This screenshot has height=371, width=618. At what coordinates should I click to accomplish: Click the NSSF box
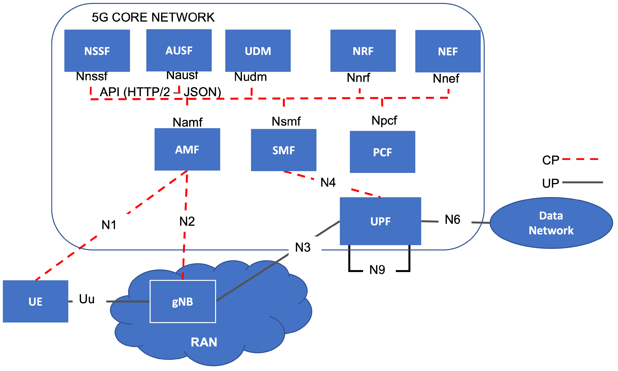(97, 51)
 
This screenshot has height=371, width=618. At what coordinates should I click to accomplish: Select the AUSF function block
(179, 50)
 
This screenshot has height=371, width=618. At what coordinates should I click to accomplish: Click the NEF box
(448, 51)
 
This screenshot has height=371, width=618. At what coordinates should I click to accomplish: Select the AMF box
(187, 149)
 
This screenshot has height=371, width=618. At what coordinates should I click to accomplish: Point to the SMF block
(284, 150)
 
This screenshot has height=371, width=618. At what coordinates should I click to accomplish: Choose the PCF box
(382, 152)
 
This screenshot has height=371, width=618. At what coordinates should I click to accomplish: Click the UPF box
(380, 221)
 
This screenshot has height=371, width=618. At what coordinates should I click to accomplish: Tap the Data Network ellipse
(551, 223)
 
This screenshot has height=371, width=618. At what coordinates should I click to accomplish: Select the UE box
(35, 301)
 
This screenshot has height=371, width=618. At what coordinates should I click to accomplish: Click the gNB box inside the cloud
(183, 301)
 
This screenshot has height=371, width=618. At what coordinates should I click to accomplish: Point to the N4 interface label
(328, 183)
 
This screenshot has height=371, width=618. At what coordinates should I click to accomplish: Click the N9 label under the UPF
(377, 270)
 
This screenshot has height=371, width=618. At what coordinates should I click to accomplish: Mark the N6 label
(452, 219)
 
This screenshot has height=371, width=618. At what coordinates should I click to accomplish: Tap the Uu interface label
(87, 299)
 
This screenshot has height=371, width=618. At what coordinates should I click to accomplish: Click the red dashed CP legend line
(580, 159)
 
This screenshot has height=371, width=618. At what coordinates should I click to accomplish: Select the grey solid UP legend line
(582, 182)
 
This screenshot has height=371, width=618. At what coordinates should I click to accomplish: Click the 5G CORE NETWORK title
(153, 17)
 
